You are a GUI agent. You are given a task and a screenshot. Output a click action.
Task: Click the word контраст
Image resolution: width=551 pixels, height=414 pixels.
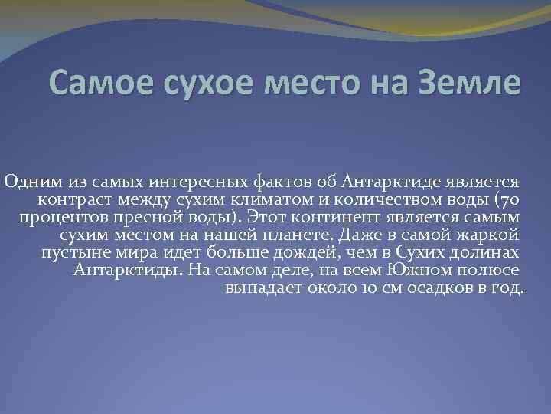[x=70, y=201]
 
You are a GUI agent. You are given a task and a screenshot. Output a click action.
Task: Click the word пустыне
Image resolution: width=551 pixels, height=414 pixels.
[x=75, y=254]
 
